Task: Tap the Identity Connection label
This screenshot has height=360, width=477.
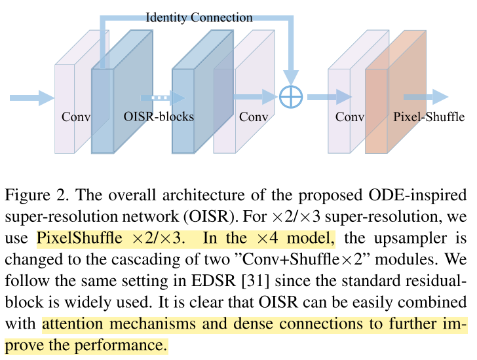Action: click(199, 17)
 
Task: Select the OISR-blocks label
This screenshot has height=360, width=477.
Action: click(159, 117)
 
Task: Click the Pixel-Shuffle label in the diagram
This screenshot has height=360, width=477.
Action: click(429, 117)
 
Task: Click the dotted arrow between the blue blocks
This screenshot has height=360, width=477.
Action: click(155, 98)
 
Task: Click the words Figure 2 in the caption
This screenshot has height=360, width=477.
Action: click(33, 196)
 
